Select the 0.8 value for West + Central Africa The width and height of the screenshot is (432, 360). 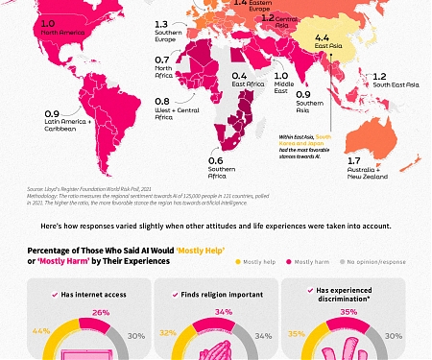pos(162,101)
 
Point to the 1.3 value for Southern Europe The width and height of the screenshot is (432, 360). pos(160,24)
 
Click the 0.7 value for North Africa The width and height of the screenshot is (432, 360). pos(162,60)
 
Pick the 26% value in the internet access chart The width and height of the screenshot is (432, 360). pos(100,312)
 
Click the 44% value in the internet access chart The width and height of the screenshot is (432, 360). pos(40,331)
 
